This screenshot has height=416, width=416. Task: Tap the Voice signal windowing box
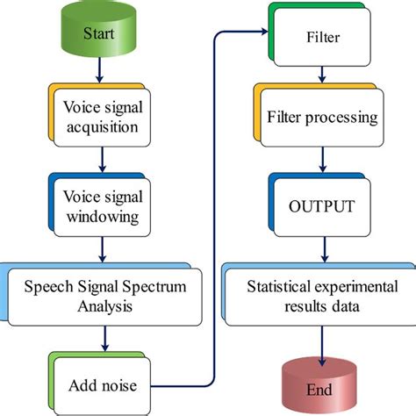106,204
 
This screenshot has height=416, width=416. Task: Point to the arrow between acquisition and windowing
104,158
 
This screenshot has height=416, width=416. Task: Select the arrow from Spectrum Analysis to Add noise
104,337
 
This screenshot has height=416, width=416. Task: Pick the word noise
125,385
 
